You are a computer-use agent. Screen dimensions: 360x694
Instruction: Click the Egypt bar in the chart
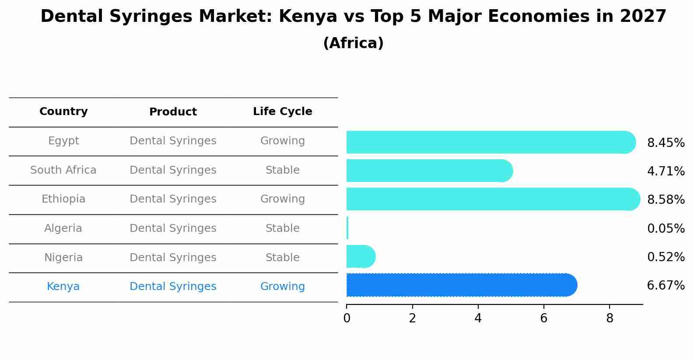[490, 142]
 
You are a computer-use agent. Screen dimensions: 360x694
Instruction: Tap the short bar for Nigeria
[360, 256]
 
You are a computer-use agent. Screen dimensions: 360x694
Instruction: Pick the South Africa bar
[429, 171]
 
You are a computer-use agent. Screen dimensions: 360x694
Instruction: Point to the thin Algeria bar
[347, 228]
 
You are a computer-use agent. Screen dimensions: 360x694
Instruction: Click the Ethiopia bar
[492, 199]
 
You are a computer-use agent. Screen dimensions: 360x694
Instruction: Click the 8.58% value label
[666, 200]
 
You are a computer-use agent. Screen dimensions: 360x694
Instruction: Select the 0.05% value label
[666, 228]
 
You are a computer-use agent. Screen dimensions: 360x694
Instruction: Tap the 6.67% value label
[666, 286]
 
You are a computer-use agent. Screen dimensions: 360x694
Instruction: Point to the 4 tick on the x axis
[478, 318]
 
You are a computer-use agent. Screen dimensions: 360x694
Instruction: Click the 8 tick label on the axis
[610, 318]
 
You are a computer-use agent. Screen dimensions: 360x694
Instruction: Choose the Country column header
[63, 112]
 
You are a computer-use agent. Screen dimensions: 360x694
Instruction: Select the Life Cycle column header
[282, 112]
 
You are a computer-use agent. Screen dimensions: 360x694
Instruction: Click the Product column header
[173, 112]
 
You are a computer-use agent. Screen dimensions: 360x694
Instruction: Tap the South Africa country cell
[63, 170]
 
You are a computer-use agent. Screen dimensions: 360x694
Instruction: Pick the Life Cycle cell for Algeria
[282, 228]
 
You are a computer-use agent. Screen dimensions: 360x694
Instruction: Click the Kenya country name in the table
[63, 287]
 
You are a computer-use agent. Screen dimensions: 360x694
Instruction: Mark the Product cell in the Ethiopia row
[173, 199]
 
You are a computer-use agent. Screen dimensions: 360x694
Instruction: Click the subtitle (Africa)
[353, 43]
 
